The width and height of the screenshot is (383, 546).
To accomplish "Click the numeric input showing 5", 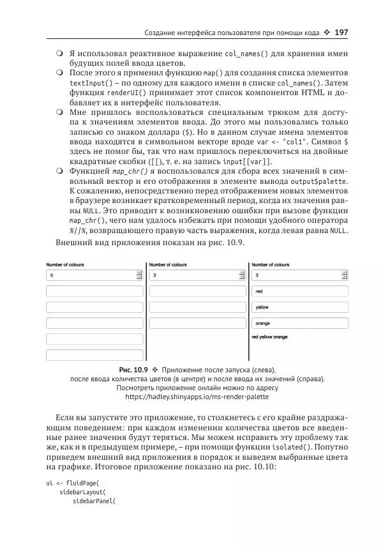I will coord(89,275).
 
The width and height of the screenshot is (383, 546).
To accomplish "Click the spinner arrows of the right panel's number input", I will coord(345,275).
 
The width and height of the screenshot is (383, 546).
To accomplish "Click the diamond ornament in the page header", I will coord(327,32).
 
